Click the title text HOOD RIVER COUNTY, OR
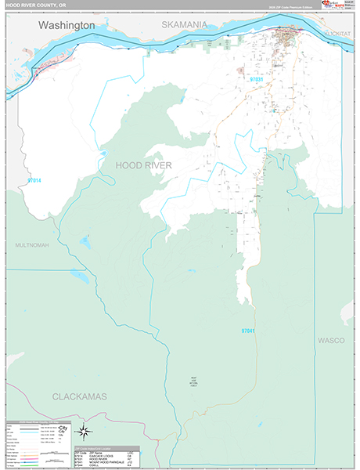click(35, 5)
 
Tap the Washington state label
click(67, 25)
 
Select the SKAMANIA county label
click(185, 24)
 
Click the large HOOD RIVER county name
click(143, 164)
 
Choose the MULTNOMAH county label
click(31, 245)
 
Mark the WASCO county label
click(331, 340)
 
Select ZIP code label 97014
click(34, 180)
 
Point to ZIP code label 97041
click(249, 331)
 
